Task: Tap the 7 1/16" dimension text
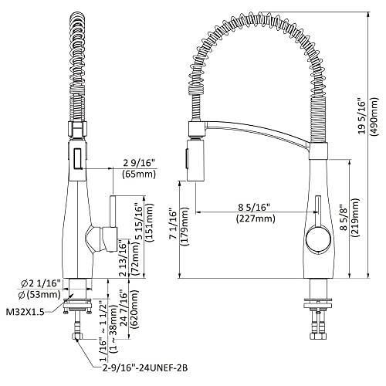point(172,223)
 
